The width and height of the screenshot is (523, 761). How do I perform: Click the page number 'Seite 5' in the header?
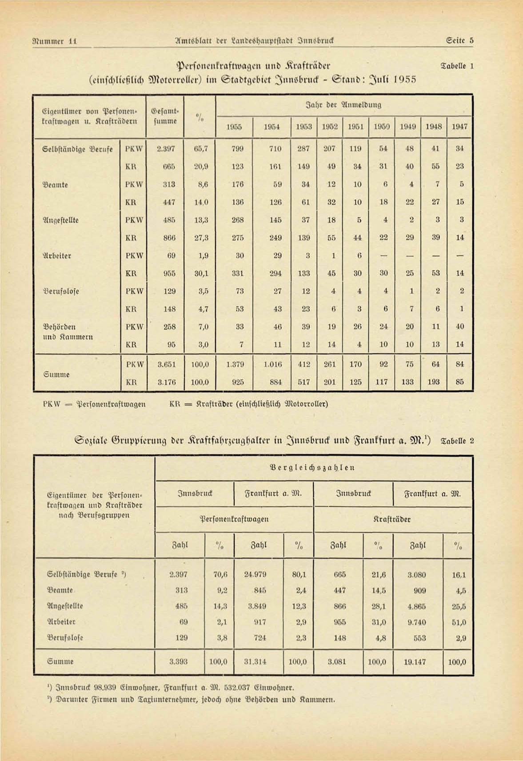[x=460, y=41]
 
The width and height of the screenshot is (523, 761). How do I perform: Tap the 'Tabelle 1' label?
[x=457, y=66]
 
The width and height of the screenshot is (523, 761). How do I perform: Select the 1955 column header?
[x=234, y=127]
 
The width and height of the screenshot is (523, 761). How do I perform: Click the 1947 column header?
[x=459, y=127]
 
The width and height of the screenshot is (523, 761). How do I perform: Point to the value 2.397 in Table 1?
[x=166, y=149]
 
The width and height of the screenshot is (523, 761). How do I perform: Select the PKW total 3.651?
[x=167, y=364]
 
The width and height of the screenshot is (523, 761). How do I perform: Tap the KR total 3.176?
[x=167, y=382]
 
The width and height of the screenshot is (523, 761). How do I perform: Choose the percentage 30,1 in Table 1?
[x=201, y=274]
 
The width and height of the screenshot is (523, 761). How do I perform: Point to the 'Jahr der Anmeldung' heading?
[x=344, y=105]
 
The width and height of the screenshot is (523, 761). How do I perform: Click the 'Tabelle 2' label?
[x=457, y=441]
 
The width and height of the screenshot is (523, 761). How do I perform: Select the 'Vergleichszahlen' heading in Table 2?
[x=312, y=468]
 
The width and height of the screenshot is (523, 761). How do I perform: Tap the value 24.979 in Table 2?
[x=255, y=574]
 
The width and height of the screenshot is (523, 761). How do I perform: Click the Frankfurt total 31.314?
[x=255, y=661]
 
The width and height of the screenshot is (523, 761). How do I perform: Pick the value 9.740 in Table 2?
[x=416, y=622]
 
